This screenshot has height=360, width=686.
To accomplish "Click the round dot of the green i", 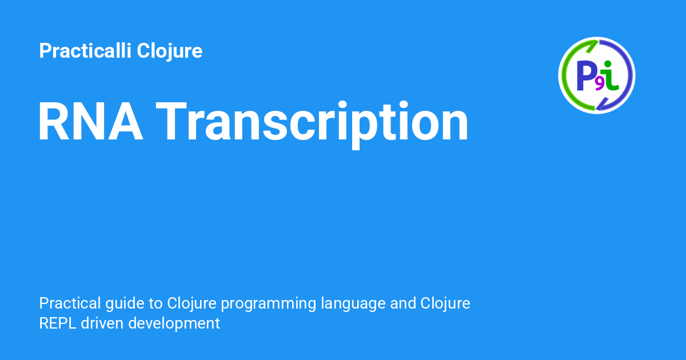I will pos(608,64).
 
